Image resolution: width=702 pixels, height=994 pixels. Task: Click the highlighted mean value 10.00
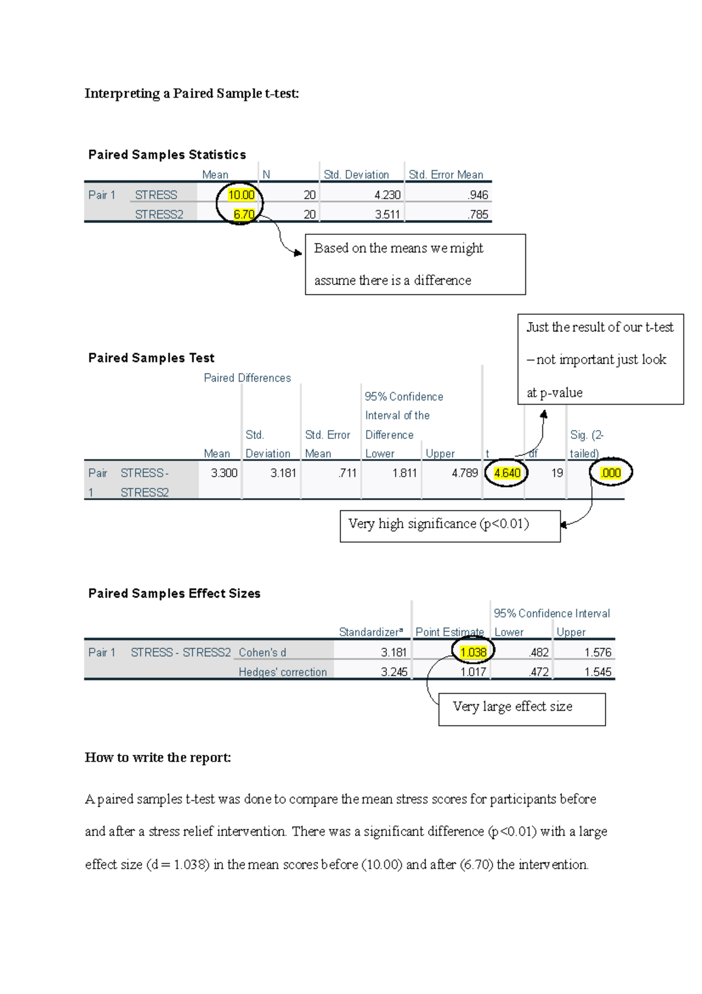(x=241, y=195)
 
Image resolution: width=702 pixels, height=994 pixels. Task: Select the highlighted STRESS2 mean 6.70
(x=243, y=214)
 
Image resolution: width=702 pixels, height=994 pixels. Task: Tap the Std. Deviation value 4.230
(x=387, y=195)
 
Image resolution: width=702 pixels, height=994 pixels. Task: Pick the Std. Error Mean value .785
(x=478, y=214)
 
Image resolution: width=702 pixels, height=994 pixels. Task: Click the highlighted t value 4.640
(x=507, y=473)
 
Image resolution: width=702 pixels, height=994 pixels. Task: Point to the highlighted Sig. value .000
(x=611, y=473)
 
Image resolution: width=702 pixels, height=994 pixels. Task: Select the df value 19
(x=557, y=473)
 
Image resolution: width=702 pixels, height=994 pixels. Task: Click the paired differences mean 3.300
(x=224, y=473)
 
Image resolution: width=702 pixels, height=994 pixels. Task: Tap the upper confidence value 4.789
(x=464, y=473)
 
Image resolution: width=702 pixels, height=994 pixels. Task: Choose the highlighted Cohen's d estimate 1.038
(x=473, y=652)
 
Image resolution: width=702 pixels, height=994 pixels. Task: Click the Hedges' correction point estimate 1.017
(x=473, y=672)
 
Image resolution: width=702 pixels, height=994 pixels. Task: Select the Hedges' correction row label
(x=283, y=672)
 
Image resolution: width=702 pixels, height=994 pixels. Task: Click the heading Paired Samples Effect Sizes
(x=174, y=594)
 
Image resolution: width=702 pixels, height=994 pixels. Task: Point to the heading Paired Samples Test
(x=151, y=358)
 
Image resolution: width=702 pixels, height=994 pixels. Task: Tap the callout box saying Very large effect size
(x=521, y=709)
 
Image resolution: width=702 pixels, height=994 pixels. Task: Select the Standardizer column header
(x=371, y=632)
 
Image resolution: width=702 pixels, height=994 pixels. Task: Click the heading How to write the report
(x=157, y=758)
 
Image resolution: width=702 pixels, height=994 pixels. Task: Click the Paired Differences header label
(x=247, y=378)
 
